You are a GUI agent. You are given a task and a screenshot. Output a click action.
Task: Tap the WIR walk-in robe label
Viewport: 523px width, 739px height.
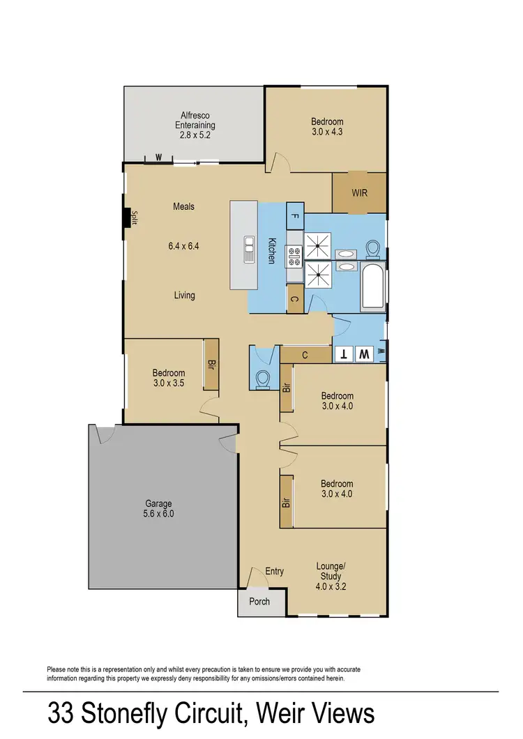(x=359, y=193)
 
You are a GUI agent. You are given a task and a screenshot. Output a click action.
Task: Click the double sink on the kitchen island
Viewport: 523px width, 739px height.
(x=249, y=249)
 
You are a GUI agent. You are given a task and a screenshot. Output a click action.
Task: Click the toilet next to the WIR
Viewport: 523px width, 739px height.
(x=373, y=249)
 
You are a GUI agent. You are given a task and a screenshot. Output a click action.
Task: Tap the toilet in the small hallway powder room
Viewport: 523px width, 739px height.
(x=263, y=378)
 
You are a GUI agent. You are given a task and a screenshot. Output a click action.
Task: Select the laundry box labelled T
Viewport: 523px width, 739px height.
(x=343, y=354)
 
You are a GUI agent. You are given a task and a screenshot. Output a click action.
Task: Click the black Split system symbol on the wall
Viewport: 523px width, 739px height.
(x=127, y=218)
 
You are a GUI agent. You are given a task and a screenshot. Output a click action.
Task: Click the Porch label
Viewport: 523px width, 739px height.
(x=259, y=602)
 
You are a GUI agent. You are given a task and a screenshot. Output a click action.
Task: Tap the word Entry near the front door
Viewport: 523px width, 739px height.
(x=274, y=572)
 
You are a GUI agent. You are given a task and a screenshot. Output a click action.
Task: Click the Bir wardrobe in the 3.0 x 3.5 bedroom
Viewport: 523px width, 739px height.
(x=211, y=364)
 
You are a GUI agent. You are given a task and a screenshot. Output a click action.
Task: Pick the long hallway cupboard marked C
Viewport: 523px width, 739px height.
(x=305, y=355)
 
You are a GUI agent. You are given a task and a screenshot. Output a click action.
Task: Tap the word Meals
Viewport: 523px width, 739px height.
(x=184, y=206)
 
